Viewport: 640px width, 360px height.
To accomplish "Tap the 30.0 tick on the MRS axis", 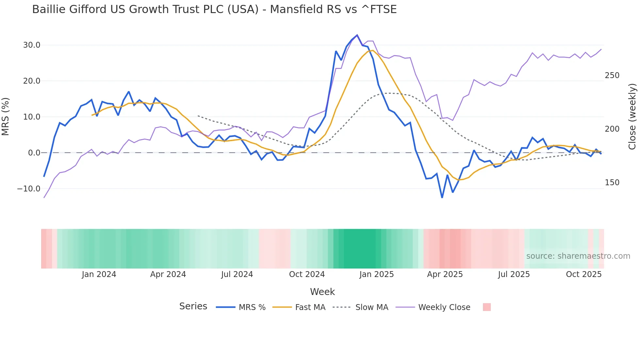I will coord(32,45).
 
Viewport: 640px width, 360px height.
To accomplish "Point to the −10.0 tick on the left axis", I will coord(29,189).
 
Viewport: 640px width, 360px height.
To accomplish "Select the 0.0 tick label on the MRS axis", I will coord(34,153).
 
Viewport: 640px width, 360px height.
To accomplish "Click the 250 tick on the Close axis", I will coord(612,75).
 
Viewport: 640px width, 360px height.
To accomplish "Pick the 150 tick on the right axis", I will coord(612,183).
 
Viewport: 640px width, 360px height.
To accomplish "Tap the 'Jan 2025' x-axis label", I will coord(376,274).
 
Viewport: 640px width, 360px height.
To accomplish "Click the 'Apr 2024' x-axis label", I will coord(168,274).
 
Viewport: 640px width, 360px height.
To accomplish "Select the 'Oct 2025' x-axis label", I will coord(584,274).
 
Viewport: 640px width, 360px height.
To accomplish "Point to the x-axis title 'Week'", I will coord(322,292).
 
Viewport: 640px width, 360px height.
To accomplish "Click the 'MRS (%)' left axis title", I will coord(6,116).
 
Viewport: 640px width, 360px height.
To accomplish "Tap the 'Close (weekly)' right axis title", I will coord(632,117).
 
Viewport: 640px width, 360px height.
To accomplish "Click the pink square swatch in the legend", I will coord(487,307).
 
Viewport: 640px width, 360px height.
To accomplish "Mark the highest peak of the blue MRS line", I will coord(357,35).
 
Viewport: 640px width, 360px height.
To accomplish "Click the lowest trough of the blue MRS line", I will coord(442,198).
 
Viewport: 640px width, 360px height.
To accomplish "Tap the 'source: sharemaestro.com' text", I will coord(578,256).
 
